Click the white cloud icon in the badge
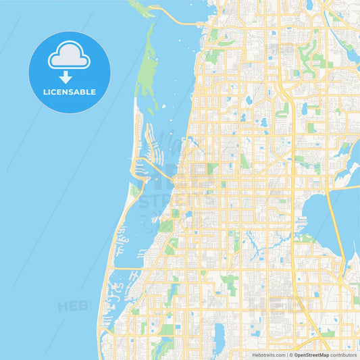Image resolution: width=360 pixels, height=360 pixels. [x=69, y=57]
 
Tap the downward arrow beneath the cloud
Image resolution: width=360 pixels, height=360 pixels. [x=69, y=76]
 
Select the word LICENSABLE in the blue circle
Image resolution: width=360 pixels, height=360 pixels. [x=69, y=92]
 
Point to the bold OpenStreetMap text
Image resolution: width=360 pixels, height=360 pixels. [x=313, y=354]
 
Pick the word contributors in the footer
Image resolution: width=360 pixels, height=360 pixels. [x=344, y=354]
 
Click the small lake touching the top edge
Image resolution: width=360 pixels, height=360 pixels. [x=309, y=4]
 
